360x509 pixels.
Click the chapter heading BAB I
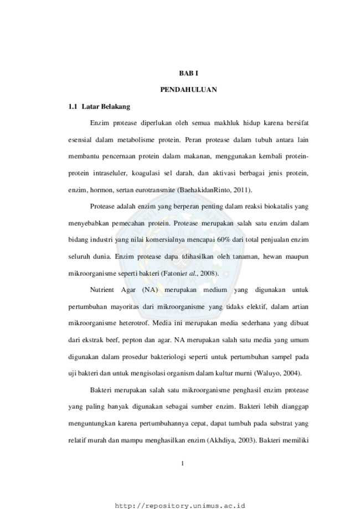[189, 73]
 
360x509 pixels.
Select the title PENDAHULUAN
[189, 90]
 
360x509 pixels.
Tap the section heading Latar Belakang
[106, 106]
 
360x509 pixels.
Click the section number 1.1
[73, 106]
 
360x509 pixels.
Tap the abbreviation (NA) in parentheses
[150, 290]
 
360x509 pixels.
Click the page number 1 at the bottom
[182, 464]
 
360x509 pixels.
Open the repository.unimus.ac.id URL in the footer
[180, 506]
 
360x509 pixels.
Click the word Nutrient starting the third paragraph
[102, 290]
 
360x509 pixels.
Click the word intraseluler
[110, 173]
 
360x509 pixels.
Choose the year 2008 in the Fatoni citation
[207, 273]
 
